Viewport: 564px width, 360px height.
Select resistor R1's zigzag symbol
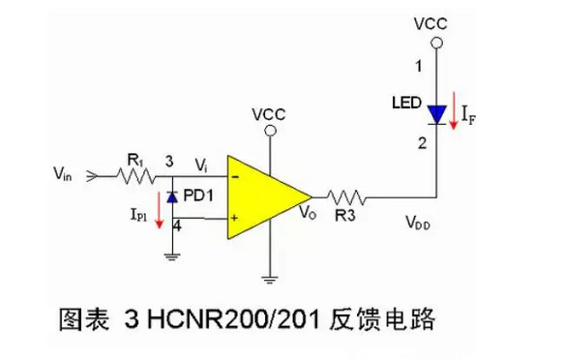pos(136,175)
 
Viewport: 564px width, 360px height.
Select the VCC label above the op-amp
pos(268,113)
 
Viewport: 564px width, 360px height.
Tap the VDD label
pos(418,225)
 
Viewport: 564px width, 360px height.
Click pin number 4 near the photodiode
pos(177,227)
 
